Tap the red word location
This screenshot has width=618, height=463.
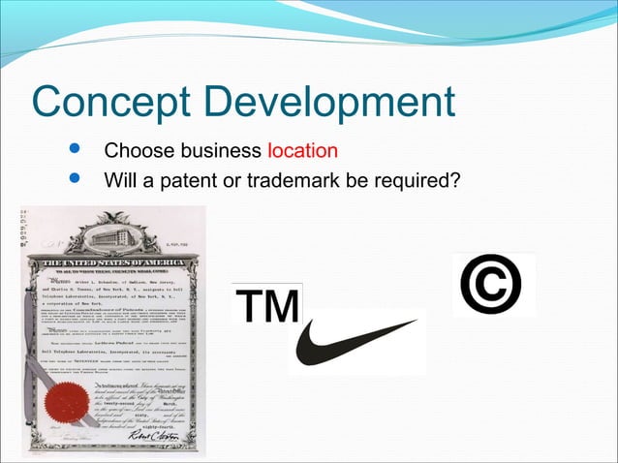pyautogui.click(x=302, y=152)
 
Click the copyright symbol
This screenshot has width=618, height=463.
pyautogui.click(x=494, y=284)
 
